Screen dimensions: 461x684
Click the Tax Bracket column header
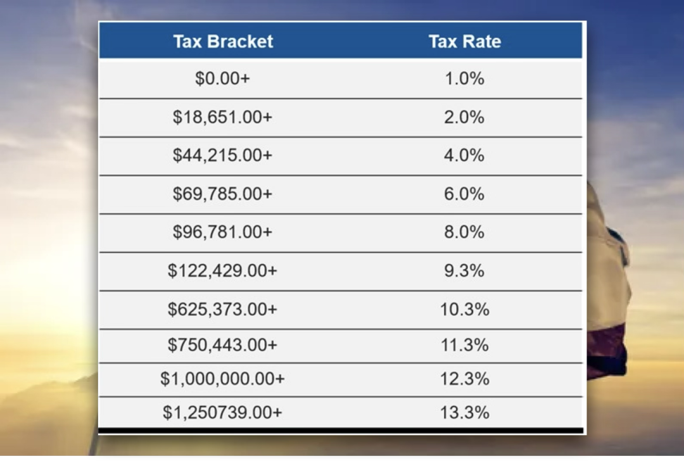(x=223, y=42)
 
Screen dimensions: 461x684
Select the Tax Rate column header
(x=464, y=42)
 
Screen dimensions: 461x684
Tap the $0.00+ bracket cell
(x=222, y=79)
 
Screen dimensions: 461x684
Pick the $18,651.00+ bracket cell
(x=222, y=117)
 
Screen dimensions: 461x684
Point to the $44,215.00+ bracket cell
(x=222, y=155)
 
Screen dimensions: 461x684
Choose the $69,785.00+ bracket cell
(x=222, y=194)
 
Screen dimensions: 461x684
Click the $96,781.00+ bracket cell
(x=222, y=232)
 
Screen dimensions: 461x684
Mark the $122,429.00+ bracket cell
(x=222, y=270)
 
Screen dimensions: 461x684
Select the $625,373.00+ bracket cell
(x=222, y=309)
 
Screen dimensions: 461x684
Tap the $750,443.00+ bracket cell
(x=222, y=345)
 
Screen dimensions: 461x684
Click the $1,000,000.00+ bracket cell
(x=222, y=379)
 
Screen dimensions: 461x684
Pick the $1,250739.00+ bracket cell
(x=222, y=413)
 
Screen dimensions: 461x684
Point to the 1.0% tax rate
(x=464, y=79)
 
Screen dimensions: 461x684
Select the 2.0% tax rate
(x=464, y=117)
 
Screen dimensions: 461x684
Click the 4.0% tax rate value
(x=464, y=155)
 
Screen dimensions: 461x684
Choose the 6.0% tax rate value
(x=464, y=194)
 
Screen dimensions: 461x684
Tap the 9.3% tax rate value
(x=464, y=270)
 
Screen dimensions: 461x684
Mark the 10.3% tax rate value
(x=464, y=309)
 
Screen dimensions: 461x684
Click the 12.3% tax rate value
(x=464, y=379)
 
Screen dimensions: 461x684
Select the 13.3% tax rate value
(x=464, y=413)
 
